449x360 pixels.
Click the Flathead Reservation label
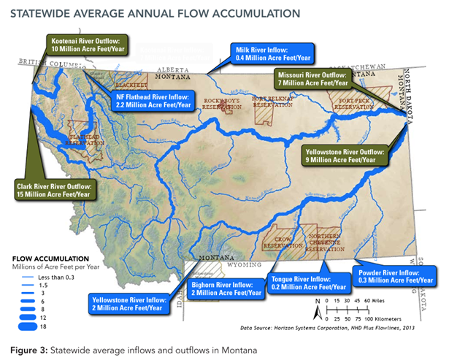click(x=86, y=139)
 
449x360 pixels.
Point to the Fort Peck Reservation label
click(x=353, y=103)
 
